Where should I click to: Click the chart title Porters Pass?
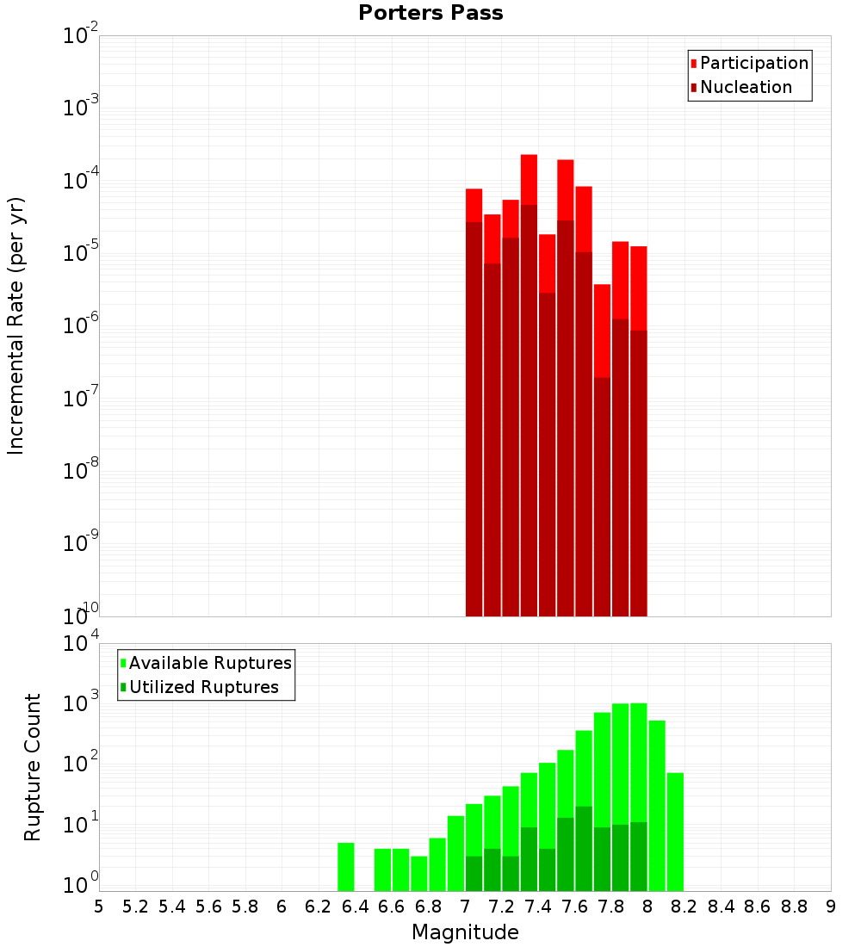[430, 13]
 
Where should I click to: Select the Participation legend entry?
[749, 63]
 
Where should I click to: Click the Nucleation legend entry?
[740, 87]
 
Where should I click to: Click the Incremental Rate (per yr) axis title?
[16, 326]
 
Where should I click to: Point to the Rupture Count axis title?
[33, 767]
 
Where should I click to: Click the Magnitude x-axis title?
[465, 932]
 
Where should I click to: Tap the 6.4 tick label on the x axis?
[355, 907]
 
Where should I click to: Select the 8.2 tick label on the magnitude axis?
[684, 907]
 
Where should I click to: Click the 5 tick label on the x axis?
[98, 907]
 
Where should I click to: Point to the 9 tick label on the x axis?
[831, 907]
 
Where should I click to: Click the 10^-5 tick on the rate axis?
[80, 253]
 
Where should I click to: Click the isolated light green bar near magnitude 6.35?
[345, 867]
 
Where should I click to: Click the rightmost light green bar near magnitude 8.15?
[675, 832]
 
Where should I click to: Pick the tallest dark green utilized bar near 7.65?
[584, 848]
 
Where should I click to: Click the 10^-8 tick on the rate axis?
[80, 471]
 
